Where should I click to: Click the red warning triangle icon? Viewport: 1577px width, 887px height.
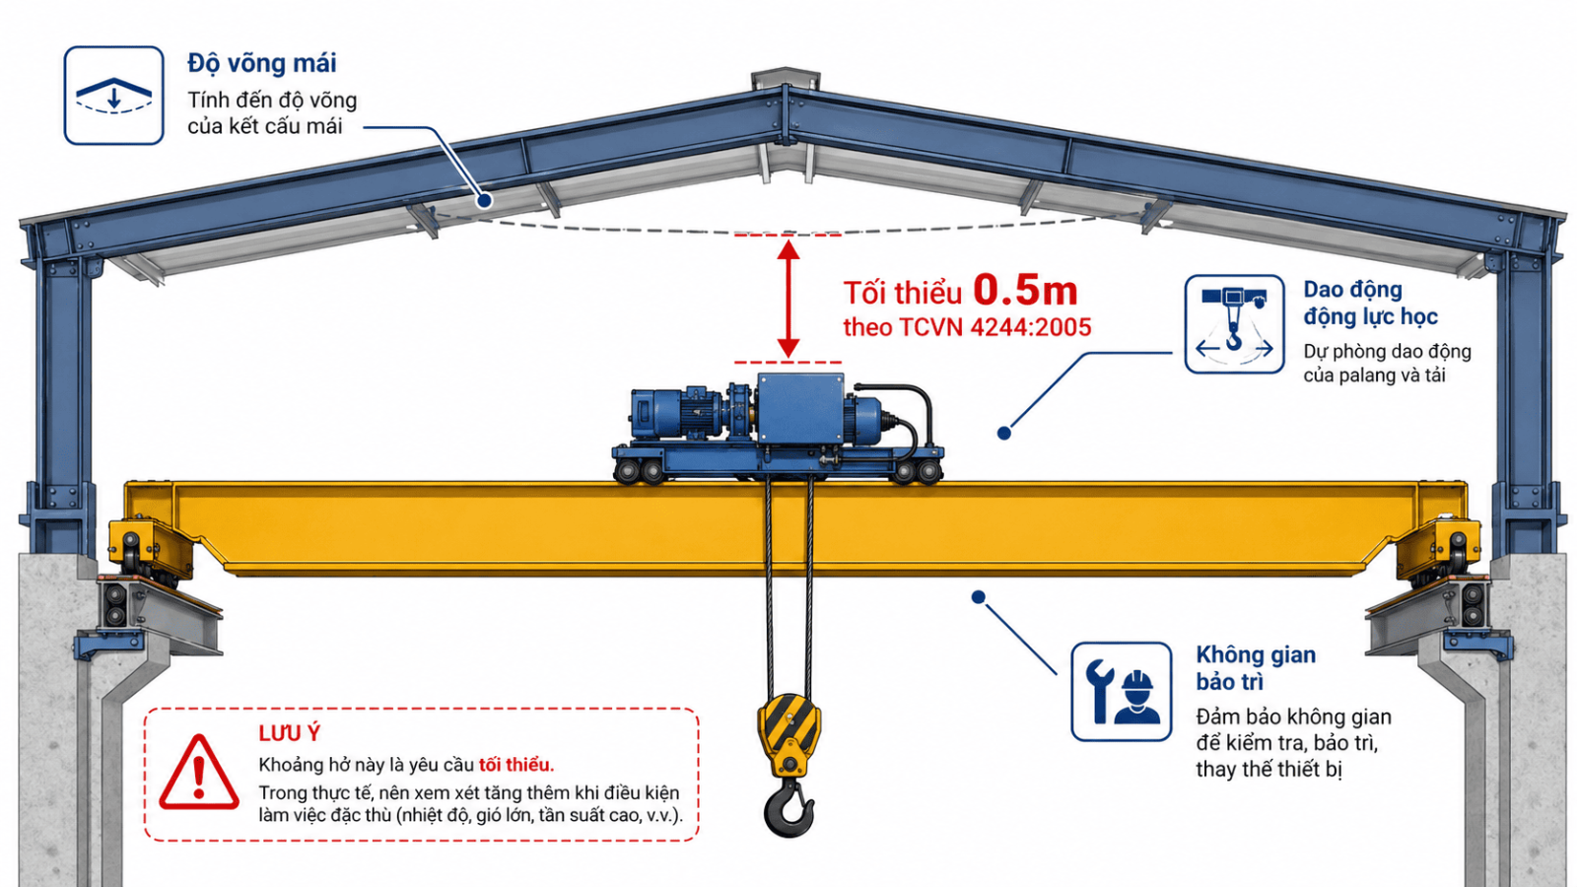[199, 773]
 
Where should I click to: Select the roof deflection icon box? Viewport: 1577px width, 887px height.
[114, 96]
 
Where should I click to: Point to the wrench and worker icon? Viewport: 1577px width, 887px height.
[1122, 691]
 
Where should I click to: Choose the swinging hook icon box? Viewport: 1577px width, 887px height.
[1234, 324]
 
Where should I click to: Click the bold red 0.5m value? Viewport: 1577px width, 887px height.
[1025, 290]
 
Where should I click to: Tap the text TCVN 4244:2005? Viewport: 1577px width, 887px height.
[995, 327]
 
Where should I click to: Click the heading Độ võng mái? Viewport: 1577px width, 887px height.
[262, 63]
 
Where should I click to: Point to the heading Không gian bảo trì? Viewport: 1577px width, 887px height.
[1256, 668]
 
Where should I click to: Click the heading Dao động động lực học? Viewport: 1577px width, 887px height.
[1370, 303]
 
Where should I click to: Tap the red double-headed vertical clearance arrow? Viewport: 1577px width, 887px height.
[788, 299]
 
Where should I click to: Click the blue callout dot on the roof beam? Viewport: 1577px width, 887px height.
[484, 201]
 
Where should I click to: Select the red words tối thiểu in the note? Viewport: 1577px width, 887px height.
[516, 765]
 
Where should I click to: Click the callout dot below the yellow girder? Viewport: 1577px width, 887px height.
[978, 597]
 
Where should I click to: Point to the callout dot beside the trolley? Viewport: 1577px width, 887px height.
[1004, 433]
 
